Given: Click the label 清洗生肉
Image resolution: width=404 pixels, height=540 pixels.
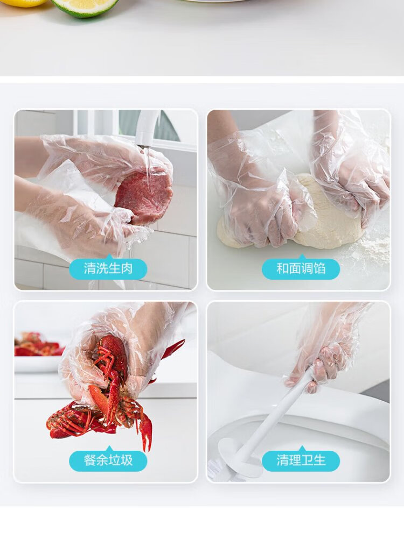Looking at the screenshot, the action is (x=108, y=268).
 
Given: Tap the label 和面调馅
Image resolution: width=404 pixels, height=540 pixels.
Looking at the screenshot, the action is (x=301, y=268).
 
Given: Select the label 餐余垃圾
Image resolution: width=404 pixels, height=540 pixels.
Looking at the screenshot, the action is (x=108, y=460).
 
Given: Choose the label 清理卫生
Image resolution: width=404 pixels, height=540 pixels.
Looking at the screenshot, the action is (x=301, y=460).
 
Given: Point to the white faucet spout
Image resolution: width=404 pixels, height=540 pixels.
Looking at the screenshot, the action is (x=147, y=128).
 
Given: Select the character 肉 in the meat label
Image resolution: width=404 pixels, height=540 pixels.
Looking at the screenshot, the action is (x=127, y=268).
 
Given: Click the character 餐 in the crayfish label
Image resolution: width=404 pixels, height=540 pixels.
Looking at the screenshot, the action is (x=90, y=460).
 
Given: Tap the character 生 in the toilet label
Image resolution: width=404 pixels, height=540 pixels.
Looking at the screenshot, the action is (x=319, y=460).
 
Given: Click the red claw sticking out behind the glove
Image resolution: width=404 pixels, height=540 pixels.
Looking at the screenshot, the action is (x=173, y=349).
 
